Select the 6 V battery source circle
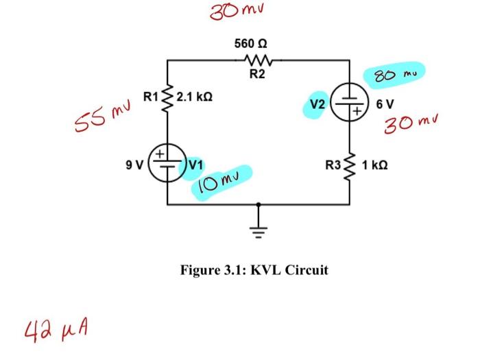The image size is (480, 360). [350, 105]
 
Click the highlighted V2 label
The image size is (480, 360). [317, 105]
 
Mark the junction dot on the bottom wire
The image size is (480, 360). [259, 204]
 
